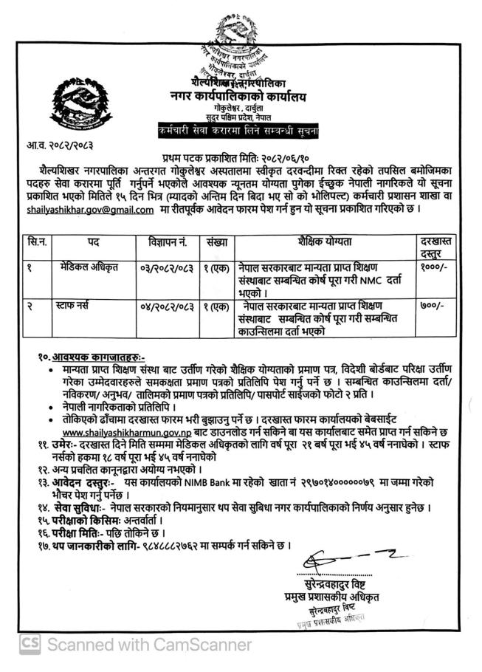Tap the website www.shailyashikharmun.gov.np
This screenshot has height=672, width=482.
pos(123,431)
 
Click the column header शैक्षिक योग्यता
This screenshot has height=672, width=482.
pos(325,242)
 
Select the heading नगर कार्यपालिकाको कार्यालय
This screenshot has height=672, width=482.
pos(244,97)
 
